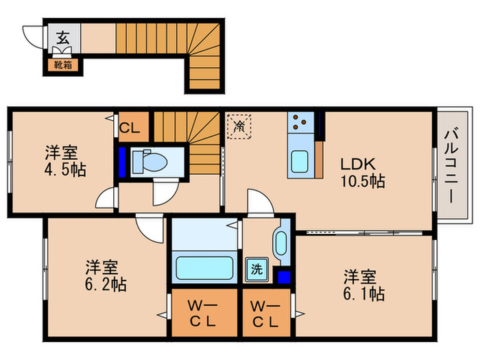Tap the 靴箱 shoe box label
[x=63, y=65]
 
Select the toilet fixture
[x=150, y=160]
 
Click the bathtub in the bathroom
[x=204, y=268]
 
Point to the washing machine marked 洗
[x=257, y=269]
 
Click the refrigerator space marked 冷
[x=239, y=127]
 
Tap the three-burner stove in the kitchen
[x=300, y=122]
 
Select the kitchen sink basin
[x=300, y=162]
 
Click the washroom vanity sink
[x=281, y=243]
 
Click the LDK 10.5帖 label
[x=363, y=173]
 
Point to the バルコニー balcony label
[x=451, y=166]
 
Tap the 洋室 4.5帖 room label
[x=65, y=161]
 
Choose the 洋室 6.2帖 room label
[x=106, y=276]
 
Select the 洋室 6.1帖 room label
[x=363, y=285]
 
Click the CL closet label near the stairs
[x=130, y=128]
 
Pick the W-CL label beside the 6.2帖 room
[x=202, y=313]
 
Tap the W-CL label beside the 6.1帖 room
[x=265, y=313]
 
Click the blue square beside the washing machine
[x=284, y=277]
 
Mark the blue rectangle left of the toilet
[x=122, y=163]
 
